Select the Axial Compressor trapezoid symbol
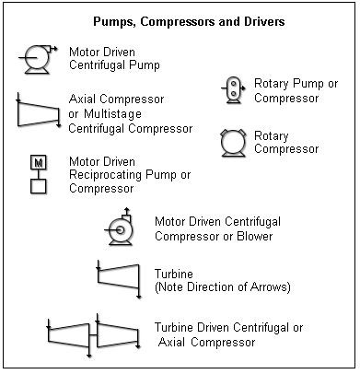(38, 114)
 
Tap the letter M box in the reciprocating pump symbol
(38, 164)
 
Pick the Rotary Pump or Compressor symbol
(233, 88)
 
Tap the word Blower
(253, 237)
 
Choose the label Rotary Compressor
(286, 143)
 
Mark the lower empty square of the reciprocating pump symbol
(38, 187)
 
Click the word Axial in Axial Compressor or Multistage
(84, 98)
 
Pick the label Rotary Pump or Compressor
(296, 90)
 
